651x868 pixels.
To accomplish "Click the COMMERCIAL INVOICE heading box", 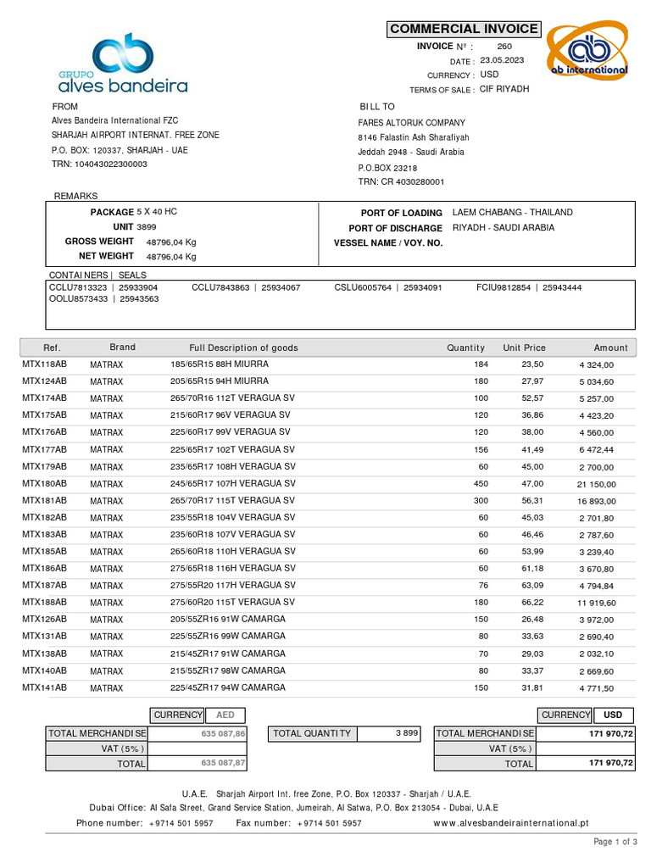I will [464, 29].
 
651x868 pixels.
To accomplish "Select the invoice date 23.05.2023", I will [503, 60].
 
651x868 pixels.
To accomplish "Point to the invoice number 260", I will [504, 46].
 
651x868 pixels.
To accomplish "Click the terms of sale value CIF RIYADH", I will [504, 89].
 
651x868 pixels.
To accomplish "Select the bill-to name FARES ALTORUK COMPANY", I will [412, 123].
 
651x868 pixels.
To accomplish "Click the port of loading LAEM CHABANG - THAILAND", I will [513, 213].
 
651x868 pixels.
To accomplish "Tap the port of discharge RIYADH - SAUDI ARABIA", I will [504, 228].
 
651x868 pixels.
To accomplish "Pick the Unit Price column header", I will [524, 348].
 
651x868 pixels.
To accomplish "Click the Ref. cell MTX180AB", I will [44, 483].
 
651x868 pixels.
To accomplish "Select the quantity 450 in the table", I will [481, 483].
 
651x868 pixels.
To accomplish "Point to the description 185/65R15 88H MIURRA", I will [219, 364].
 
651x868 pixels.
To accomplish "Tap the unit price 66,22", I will [531, 603].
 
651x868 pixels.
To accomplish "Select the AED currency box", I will [225, 715].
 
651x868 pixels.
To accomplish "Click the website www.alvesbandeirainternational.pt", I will [511, 823].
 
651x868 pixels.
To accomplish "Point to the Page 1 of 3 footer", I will [615, 842].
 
